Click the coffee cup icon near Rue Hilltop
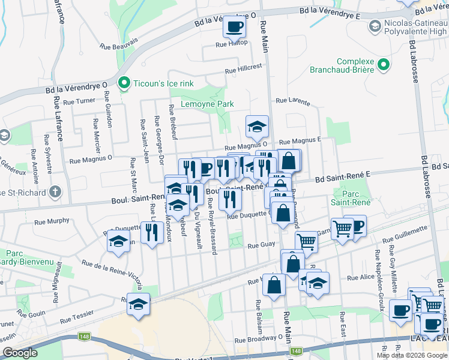pos(234,26)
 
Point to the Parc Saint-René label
pos(353,198)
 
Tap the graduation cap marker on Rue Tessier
pos(138,305)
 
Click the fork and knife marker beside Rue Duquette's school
pos(152,232)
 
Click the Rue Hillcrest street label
pos(244,68)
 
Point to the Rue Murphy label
pos(55,221)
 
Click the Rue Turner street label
pos(79,101)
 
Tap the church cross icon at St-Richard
pos(55,193)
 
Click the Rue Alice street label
pos(361,277)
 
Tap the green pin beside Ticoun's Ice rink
pos(124,82)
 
